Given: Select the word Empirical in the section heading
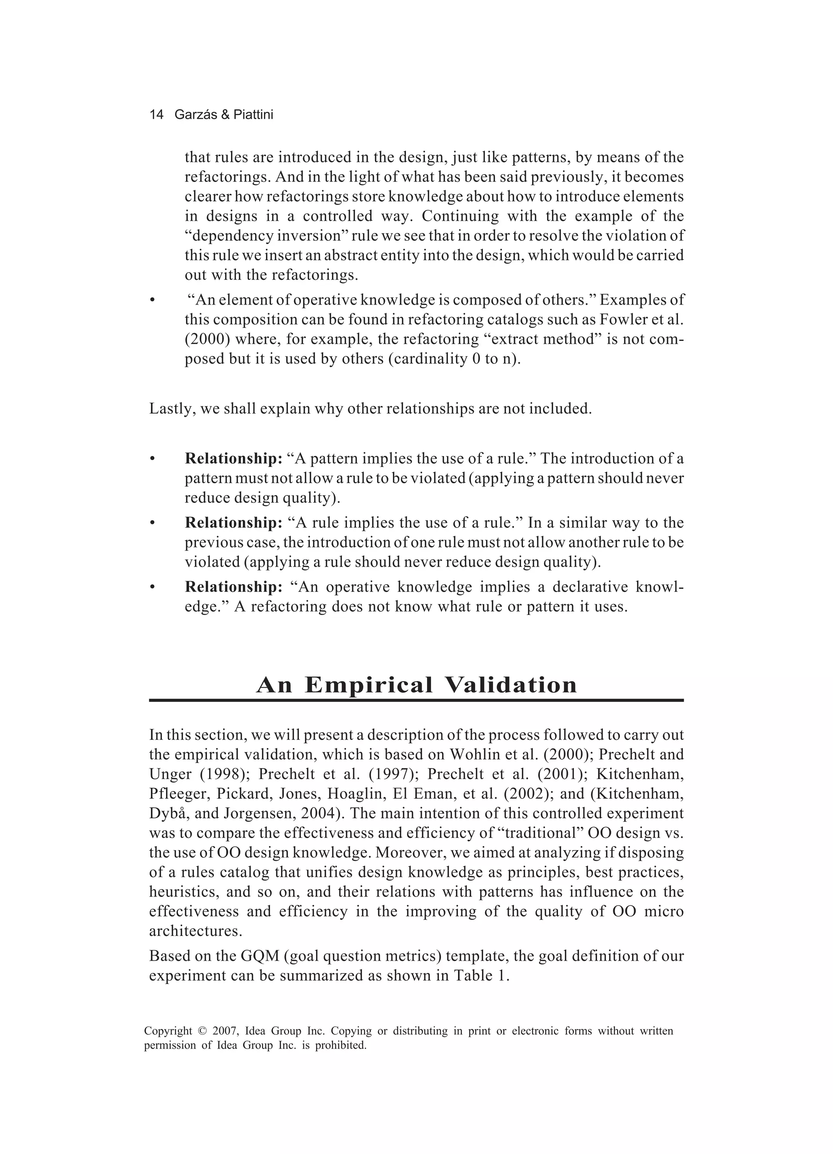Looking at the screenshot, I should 369,685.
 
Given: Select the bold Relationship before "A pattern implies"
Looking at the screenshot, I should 233,458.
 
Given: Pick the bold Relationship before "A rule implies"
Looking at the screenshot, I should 233,523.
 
